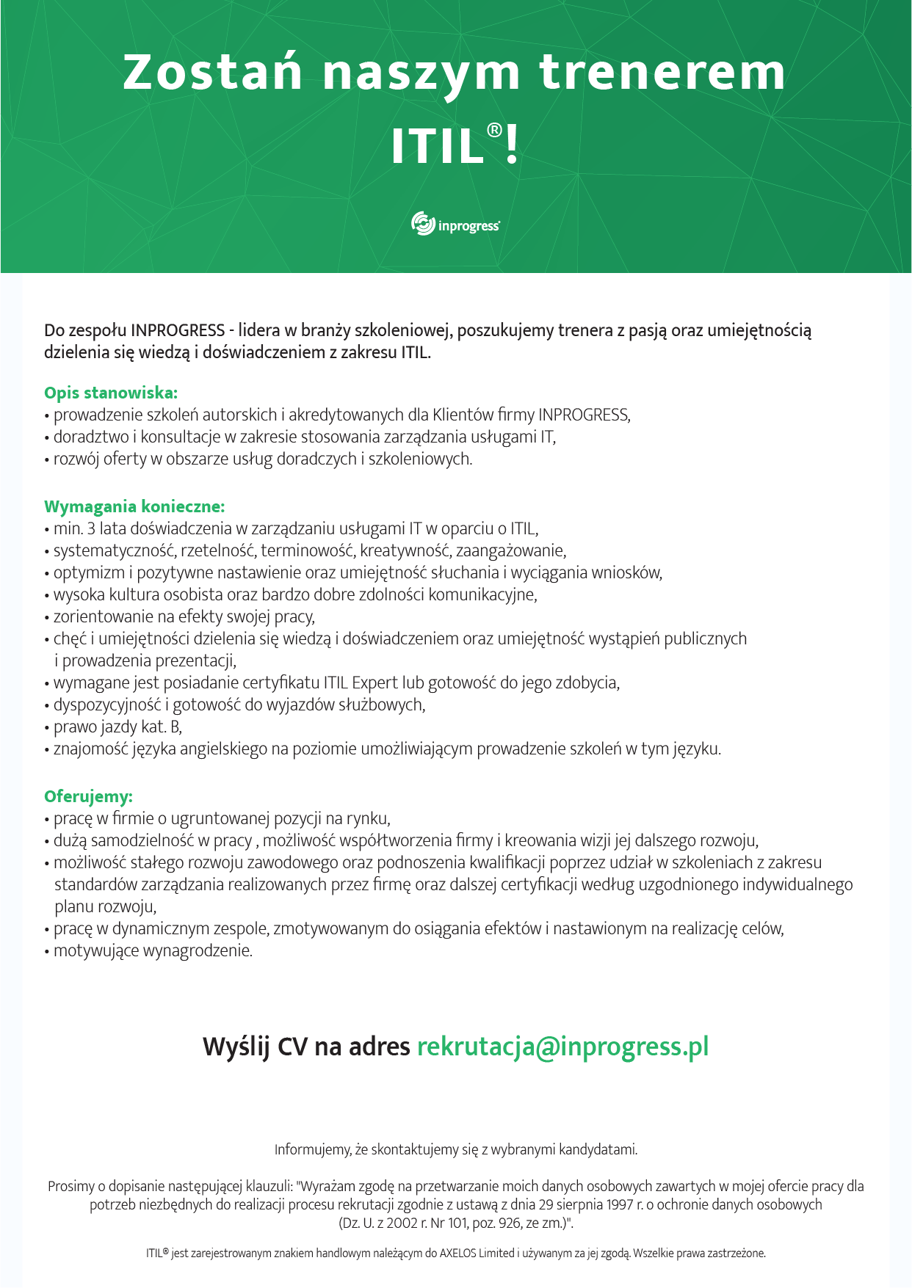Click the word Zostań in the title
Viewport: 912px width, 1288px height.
click(x=213, y=72)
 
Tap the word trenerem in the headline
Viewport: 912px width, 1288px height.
click(x=662, y=72)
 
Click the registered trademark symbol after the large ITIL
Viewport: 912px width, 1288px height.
click(x=494, y=131)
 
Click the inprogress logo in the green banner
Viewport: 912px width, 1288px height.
click(x=456, y=224)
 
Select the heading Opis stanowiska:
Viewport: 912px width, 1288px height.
click(x=111, y=393)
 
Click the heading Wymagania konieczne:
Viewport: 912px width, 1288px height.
click(x=134, y=506)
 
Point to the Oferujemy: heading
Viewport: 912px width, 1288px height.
click(x=88, y=796)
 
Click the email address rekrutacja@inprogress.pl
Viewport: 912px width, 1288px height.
click(x=562, y=1046)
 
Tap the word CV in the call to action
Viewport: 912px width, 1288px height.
click(x=293, y=1046)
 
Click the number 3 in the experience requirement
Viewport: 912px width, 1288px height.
click(x=91, y=528)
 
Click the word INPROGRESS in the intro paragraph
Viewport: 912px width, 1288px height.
click(x=178, y=330)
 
